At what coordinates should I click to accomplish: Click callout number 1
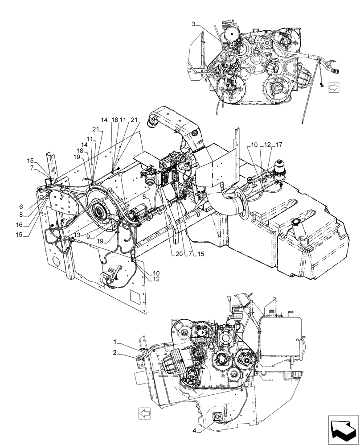(115, 342)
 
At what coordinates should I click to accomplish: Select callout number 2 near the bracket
(115, 352)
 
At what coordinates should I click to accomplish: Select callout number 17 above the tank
(278, 145)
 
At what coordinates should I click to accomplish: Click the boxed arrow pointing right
(333, 87)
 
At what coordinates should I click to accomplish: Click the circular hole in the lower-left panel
(55, 261)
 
